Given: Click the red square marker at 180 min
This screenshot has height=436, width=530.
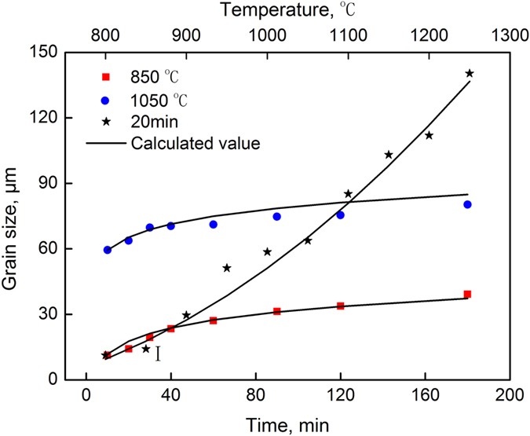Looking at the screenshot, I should coord(467,294).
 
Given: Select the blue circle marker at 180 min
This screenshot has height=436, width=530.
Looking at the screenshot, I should coord(467,204).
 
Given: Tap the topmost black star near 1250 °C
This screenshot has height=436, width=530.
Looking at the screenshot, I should coord(470,73).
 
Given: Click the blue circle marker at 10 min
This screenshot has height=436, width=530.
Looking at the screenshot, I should coord(107,250).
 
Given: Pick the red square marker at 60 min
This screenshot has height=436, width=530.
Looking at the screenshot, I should coord(213,321).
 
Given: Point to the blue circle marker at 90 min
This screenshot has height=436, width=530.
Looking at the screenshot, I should coord(276,216).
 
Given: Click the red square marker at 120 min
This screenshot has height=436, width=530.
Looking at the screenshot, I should coord(340,306).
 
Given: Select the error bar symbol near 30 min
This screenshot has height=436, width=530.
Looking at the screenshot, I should coord(158,354).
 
